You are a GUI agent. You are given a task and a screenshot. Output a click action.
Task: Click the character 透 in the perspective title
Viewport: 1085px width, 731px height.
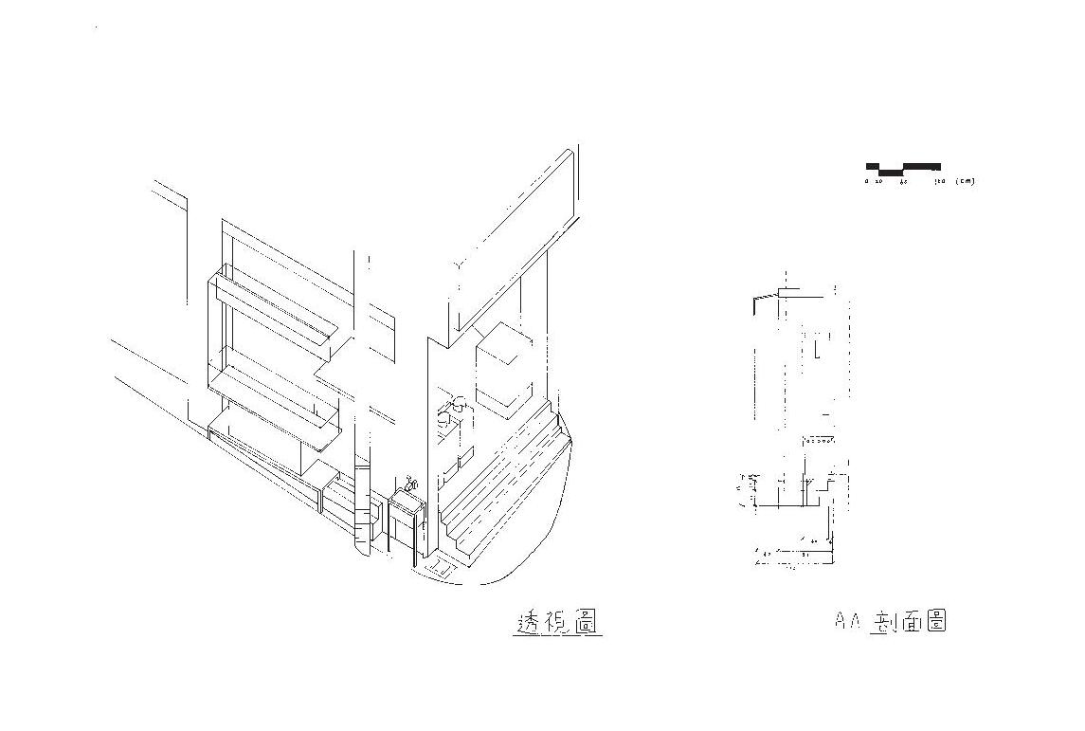[528, 622]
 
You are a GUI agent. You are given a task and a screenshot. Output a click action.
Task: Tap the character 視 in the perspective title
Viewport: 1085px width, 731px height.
[558, 622]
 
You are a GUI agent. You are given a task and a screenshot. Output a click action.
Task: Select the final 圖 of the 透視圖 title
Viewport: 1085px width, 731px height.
[588, 622]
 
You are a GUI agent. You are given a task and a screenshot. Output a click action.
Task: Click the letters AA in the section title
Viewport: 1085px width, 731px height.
[846, 622]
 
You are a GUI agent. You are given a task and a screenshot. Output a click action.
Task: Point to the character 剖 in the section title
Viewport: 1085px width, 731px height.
[882, 622]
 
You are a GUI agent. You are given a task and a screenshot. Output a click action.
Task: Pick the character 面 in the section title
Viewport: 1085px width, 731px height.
[910, 622]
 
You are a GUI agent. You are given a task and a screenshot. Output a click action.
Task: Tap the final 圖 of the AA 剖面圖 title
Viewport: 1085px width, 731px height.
[935, 622]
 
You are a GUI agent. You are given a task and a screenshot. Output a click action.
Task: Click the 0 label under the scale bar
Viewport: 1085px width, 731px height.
[866, 181]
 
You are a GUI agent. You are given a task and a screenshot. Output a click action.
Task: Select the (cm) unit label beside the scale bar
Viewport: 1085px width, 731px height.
[965, 181]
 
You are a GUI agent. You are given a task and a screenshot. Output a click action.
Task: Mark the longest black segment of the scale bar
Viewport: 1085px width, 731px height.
[920, 166]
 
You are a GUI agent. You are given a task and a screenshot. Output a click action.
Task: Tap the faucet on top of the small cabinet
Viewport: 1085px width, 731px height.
[410, 484]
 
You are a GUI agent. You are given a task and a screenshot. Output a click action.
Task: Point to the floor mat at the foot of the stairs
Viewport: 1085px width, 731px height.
[441, 570]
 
